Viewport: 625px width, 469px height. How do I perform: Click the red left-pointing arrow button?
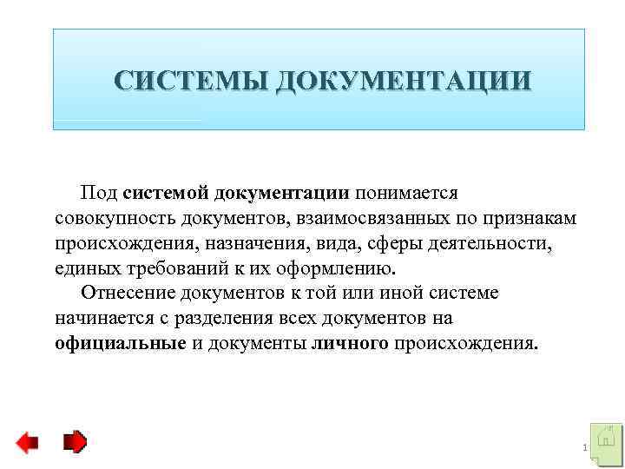(27, 443)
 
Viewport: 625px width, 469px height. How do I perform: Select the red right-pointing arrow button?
(76, 442)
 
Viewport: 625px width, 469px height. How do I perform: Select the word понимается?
(405, 191)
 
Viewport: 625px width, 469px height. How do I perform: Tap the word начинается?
(99, 317)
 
